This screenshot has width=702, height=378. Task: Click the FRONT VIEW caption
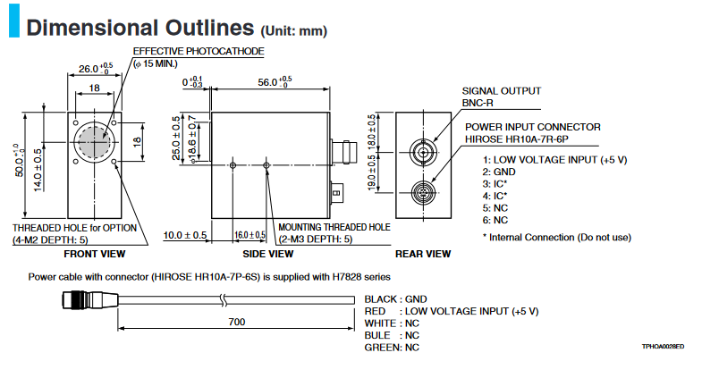pyautogui.click(x=93, y=253)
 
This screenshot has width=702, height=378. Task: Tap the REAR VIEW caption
pyautogui.click(x=423, y=253)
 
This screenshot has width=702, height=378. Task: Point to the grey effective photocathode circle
pyautogui.click(x=95, y=141)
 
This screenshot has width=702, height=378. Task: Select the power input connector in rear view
pyautogui.click(x=423, y=191)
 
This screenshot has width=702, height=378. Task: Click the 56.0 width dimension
pyautogui.click(x=270, y=81)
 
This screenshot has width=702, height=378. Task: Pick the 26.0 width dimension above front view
pyautogui.click(x=94, y=68)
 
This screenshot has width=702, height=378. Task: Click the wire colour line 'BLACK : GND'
pyautogui.click(x=397, y=298)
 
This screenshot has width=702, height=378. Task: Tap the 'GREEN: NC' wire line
pyautogui.click(x=392, y=347)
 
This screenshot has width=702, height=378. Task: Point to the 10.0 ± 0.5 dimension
pyautogui.click(x=186, y=236)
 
